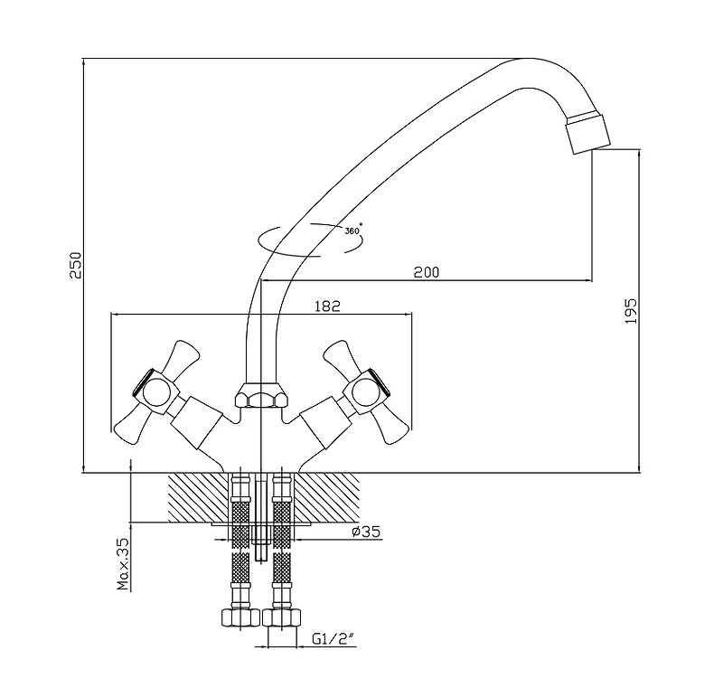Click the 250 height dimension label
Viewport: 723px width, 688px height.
coord(77,264)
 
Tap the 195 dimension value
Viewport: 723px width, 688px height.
coord(632,310)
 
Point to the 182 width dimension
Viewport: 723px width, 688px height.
coord(328,306)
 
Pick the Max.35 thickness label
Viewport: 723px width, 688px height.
coord(124,563)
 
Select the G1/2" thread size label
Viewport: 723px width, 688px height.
coord(332,639)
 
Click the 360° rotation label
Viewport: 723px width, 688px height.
coord(352,230)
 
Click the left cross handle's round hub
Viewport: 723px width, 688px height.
coord(155,391)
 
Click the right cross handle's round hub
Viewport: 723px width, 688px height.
coord(365,391)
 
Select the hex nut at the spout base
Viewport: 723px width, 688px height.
coord(260,396)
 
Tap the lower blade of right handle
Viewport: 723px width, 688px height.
coord(395,429)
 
